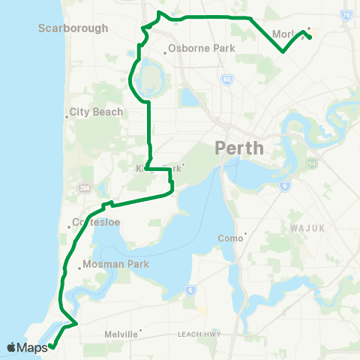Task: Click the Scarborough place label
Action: pyautogui.click(x=73, y=28)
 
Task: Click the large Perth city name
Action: pyautogui.click(x=239, y=147)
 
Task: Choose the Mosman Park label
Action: pyautogui.click(x=116, y=264)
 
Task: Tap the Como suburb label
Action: pyautogui.click(x=232, y=238)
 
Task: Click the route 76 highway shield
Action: pyautogui.click(x=346, y=14)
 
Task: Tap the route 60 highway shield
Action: pyautogui.click(x=228, y=79)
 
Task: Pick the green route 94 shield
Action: pyautogui.click(x=311, y=162)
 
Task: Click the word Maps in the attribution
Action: pyautogui.click(x=32, y=347)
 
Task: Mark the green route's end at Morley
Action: pyautogui.click(x=310, y=38)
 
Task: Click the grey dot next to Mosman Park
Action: pyautogui.click(x=79, y=265)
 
